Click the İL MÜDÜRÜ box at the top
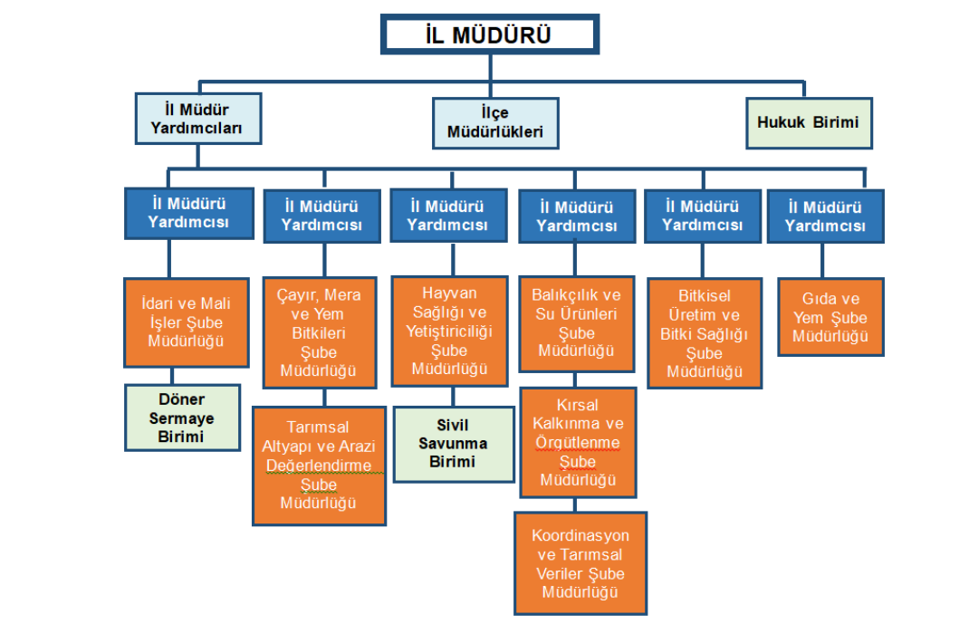point(489,34)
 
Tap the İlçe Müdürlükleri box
point(494,123)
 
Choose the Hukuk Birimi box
point(809,121)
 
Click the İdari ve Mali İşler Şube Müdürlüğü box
point(186,322)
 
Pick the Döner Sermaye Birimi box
point(182,418)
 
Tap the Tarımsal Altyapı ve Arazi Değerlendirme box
point(319,465)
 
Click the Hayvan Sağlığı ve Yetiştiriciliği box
point(449,331)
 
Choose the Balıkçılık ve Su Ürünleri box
point(576,322)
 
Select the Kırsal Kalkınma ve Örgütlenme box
point(578,442)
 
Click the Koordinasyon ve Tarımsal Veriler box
point(580,563)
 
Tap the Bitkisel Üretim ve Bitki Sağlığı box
point(705,332)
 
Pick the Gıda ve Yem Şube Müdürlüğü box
point(830,317)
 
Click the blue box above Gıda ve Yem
point(824,216)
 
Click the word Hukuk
point(781,121)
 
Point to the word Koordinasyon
point(580,535)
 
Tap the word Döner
point(182,399)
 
